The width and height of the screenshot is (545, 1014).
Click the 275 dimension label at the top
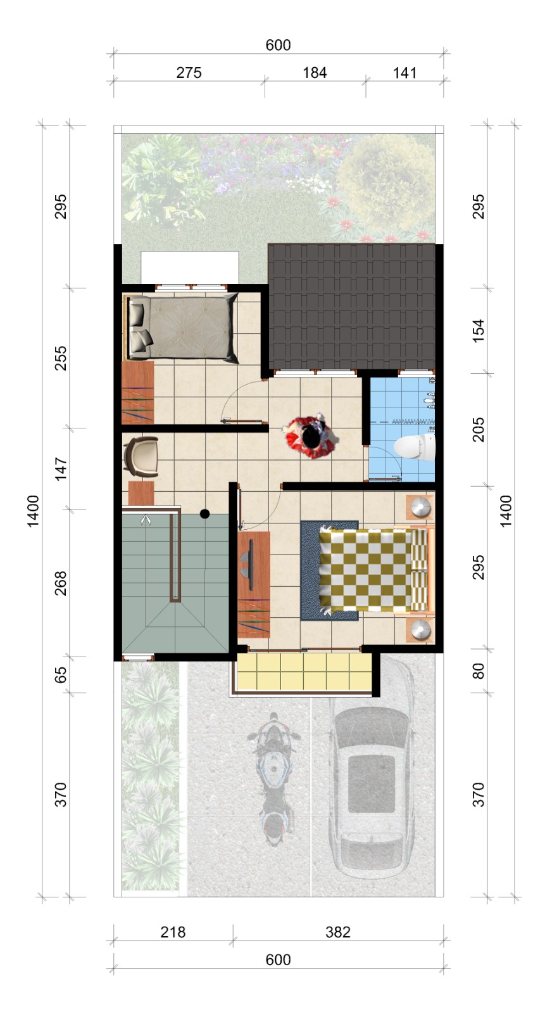point(189,72)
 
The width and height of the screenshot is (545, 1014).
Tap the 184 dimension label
point(315,72)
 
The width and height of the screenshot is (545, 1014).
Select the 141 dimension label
point(404,72)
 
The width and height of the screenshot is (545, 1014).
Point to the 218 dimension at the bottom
point(173,932)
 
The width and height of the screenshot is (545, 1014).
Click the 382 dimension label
point(338,932)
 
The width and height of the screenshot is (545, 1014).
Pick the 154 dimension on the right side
point(478,331)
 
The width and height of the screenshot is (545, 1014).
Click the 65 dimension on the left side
point(60,674)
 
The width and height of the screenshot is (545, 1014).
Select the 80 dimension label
point(478,671)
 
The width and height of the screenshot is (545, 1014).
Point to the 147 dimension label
point(60,468)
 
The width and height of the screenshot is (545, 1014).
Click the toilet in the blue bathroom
point(415,447)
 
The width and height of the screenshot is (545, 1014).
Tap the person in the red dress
point(311,437)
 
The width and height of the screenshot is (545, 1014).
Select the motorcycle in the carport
point(273,780)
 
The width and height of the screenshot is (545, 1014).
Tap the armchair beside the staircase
point(141,456)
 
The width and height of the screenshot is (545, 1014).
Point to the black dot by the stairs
point(204,514)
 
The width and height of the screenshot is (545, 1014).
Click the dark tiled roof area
point(351,307)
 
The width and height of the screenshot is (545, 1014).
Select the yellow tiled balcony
point(304,672)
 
